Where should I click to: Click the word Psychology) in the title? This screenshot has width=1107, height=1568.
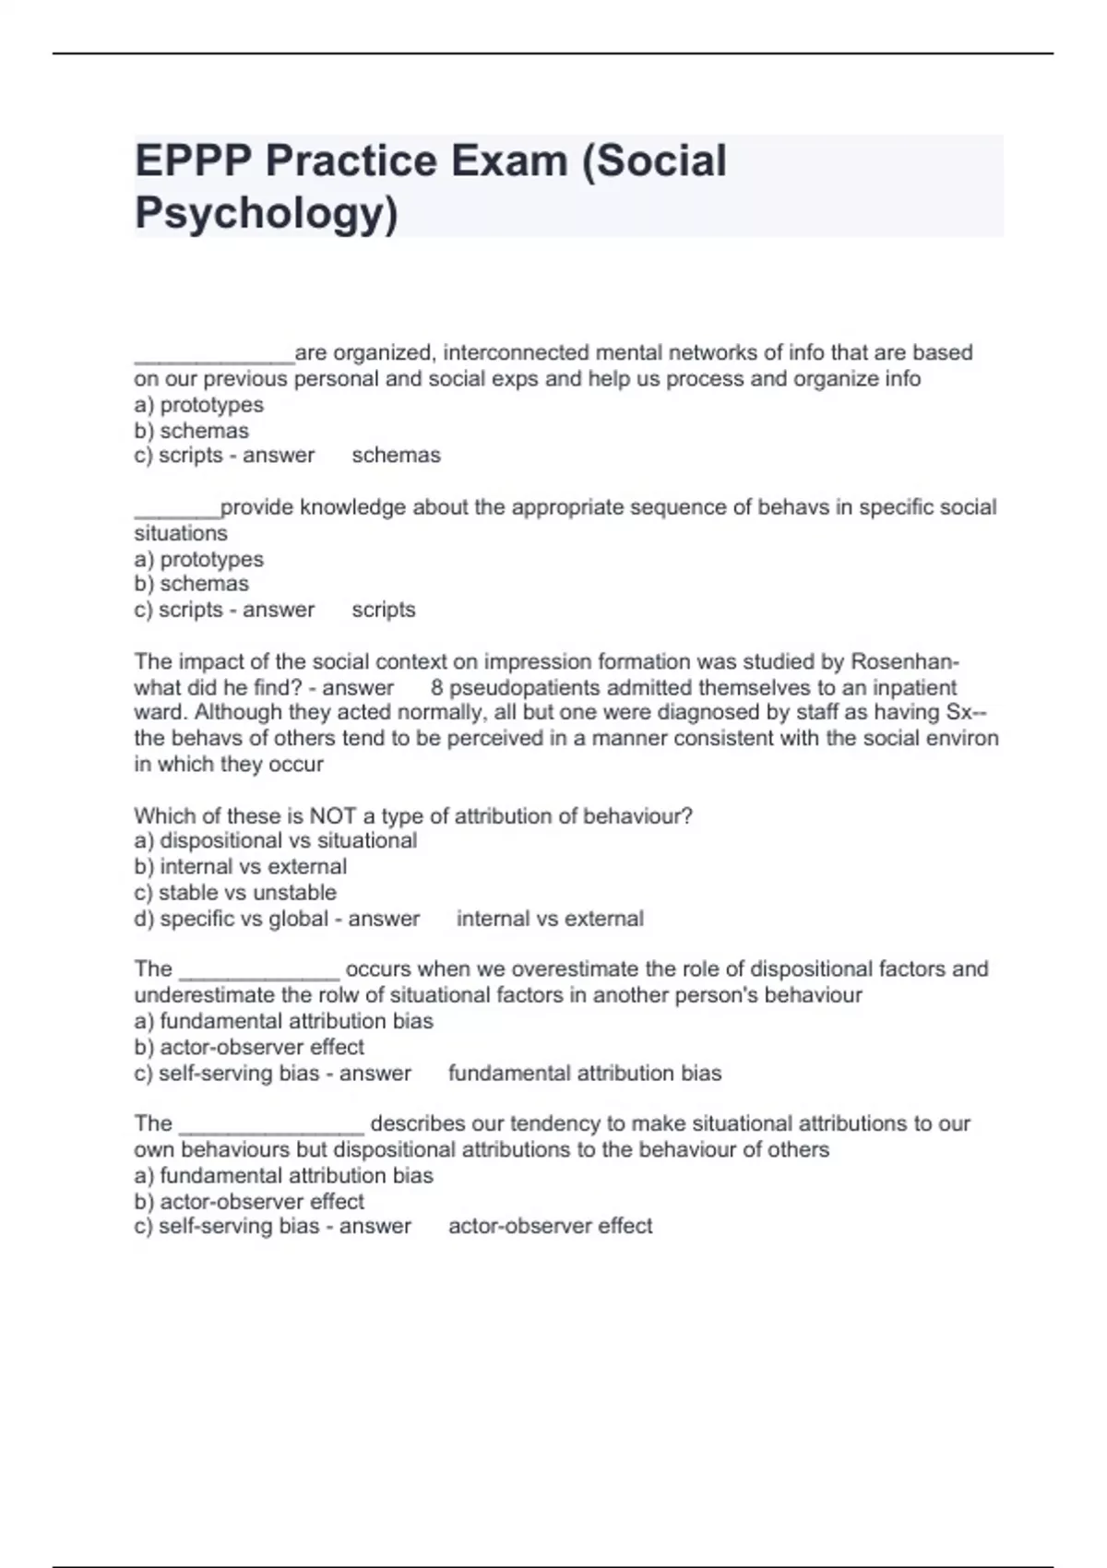pyautogui.click(x=267, y=213)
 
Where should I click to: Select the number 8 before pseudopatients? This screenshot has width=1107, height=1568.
pyautogui.click(x=436, y=688)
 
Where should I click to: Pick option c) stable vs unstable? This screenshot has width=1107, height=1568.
pyautogui.click(x=235, y=893)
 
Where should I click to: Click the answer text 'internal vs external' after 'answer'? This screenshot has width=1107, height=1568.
pyautogui.click(x=550, y=919)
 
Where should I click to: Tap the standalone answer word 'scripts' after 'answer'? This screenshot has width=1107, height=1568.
pyautogui.click(x=384, y=610)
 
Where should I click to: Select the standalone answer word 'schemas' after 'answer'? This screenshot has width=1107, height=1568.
pyautogui.click(x=396, y=456)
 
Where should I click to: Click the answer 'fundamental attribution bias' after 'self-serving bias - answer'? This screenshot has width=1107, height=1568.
pyautogui.click(x=585, y=1074)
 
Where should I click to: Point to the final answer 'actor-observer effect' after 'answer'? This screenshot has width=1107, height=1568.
pyautogui.click(x=550, y=1226)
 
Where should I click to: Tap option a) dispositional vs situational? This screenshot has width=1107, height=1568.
pyautogui.click(x=276, y=841)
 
